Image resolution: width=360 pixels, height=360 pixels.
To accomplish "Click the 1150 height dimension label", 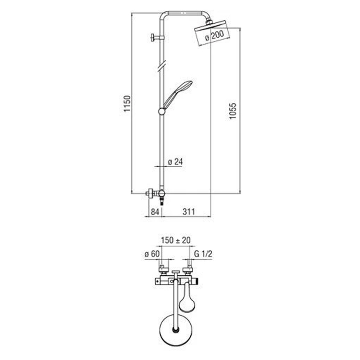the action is pyautogui.click(x=127, y=104).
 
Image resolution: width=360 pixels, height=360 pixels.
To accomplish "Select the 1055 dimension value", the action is pyautogui.click(x=233, y=111).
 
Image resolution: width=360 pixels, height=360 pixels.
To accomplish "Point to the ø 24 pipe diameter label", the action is pyautogui.click(x=176, y=162).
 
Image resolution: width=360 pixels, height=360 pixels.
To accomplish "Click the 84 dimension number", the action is pyautogui.click(x=155, y=212).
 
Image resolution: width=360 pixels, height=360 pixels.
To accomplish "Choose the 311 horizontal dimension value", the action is pyautogui.click(x=189, y=212).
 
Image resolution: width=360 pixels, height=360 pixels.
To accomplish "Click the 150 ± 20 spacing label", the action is pyautogui.click(x=176, y=240).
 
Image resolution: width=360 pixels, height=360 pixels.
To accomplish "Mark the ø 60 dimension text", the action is pyautogui.click(x=152, y=254).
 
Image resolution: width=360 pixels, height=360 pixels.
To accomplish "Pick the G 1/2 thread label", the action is pyautogui.click(x=203, y=254).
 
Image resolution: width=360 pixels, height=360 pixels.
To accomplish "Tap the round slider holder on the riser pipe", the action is pyautogui.click(x=162, y=111).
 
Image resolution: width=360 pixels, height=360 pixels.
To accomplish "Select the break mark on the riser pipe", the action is pyautogui.click(x=162, y=66).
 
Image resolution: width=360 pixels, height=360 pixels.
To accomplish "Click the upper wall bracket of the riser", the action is pyautogui.click(x=157, y=37).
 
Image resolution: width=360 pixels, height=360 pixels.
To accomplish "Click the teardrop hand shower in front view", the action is pyautogui.click(x=187, y=298).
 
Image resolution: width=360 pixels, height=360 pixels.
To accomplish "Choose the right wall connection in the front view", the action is pyautogui.click(x=187, y=270).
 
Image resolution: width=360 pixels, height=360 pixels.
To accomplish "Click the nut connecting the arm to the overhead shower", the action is pyautogui.click(x=209, y=23).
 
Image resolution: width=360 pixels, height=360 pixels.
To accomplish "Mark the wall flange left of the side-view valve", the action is pyautogui.click(x=150, y=193).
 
